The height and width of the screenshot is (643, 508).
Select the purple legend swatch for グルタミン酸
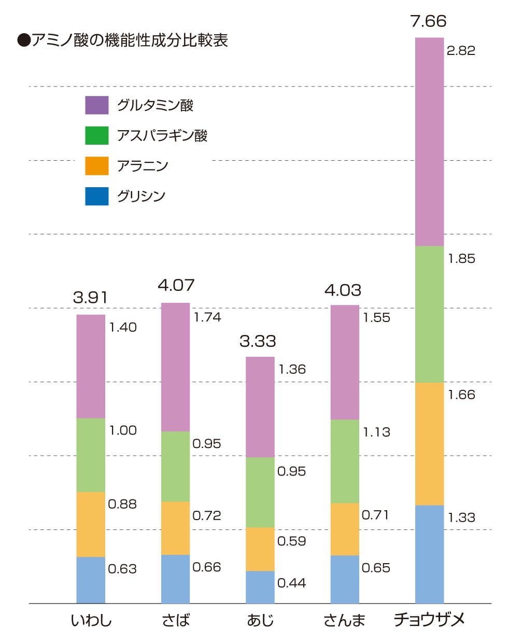[x=97, y=105]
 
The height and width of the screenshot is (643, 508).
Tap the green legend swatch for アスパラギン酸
[x=97, y=135]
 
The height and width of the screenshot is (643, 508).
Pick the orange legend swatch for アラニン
[x=97, y=166]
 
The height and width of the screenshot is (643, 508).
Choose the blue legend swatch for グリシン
[x=97, y=196]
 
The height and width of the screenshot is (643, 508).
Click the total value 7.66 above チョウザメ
[x=428, y=21]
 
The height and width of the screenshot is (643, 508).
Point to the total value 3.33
[x=258, y=341]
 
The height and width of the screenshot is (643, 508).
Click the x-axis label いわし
[x=91, y=620]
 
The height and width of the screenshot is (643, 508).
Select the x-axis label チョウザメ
[x=429, y=620]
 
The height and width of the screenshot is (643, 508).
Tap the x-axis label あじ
[x=260, y=620]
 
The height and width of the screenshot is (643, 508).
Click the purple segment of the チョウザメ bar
[x=430, y=142]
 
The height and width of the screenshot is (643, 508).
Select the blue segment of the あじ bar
[x=260, y=587]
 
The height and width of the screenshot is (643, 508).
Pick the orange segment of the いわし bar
[x=91, y=524]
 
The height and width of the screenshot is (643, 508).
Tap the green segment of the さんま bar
[x=345, y=461]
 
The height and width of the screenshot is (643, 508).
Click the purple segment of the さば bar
[x=176, y=367]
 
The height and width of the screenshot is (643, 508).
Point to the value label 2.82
[x=461, y=50]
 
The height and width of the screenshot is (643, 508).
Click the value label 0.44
[x=291, y=583]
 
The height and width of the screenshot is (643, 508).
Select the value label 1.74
[x=207, y=317]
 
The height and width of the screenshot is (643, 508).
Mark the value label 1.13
[x=376, y=432]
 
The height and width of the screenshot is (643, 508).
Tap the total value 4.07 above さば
[x=176, y=285]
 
